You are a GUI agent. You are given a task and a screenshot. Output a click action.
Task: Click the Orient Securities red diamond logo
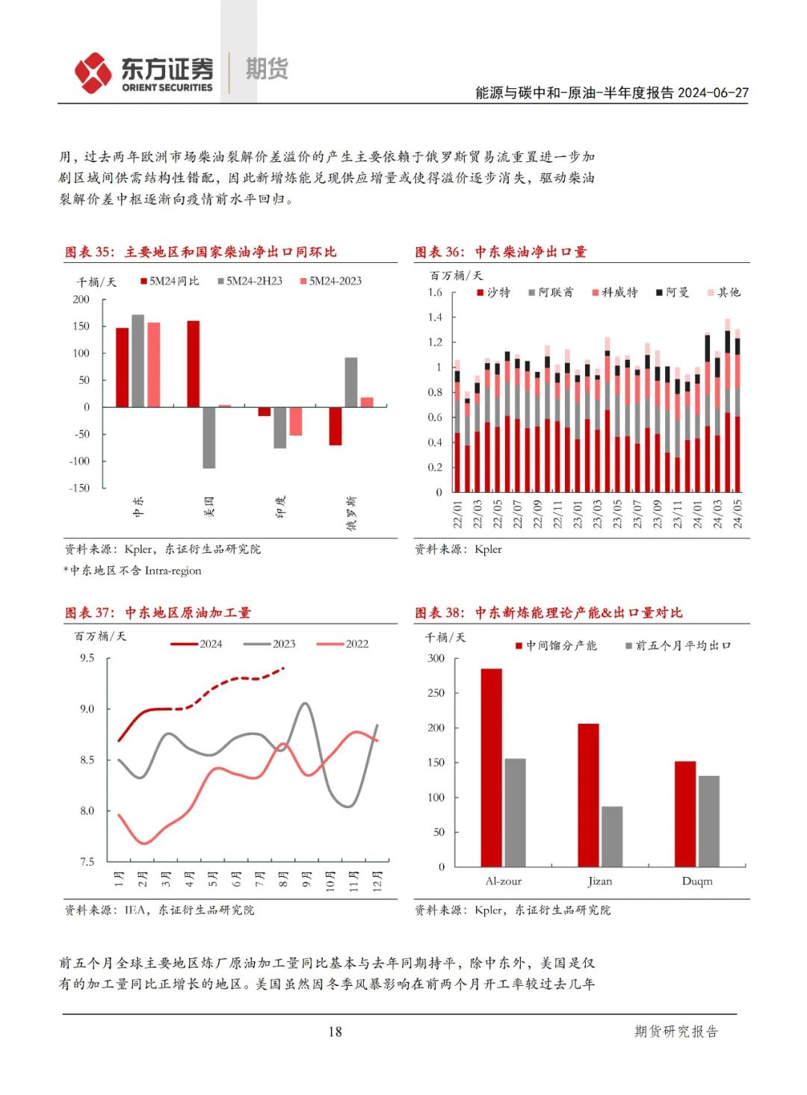[93, 72]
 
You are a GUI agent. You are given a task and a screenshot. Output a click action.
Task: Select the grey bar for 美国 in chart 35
[208, 438]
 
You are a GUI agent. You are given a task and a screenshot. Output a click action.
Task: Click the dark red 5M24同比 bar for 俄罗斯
[335, 426]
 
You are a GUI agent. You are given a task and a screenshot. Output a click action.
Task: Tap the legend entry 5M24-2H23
[250, 281]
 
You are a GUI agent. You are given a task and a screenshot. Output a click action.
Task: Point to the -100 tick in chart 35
[79, 461]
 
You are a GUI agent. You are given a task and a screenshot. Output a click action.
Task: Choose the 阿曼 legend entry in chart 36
[672, 292]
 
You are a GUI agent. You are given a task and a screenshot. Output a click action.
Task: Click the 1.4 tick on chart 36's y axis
[435, 317]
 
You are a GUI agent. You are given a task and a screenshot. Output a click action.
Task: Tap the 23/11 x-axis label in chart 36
[678, 514]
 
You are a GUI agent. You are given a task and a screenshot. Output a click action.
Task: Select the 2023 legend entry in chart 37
[270, 644]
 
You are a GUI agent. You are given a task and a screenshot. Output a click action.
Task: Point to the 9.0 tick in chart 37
[87, 709]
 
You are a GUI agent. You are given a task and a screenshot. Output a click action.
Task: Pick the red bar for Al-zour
[491, 768]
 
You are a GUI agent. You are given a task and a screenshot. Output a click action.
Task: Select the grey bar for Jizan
[612, 837]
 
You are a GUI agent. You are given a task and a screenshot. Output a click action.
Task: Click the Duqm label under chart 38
[697, 881]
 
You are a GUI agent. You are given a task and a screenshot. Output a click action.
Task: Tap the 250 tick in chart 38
[436, 692]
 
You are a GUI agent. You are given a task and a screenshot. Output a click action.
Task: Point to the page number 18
[335, 1032]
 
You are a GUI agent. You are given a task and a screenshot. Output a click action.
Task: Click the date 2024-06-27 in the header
[713, 93]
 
